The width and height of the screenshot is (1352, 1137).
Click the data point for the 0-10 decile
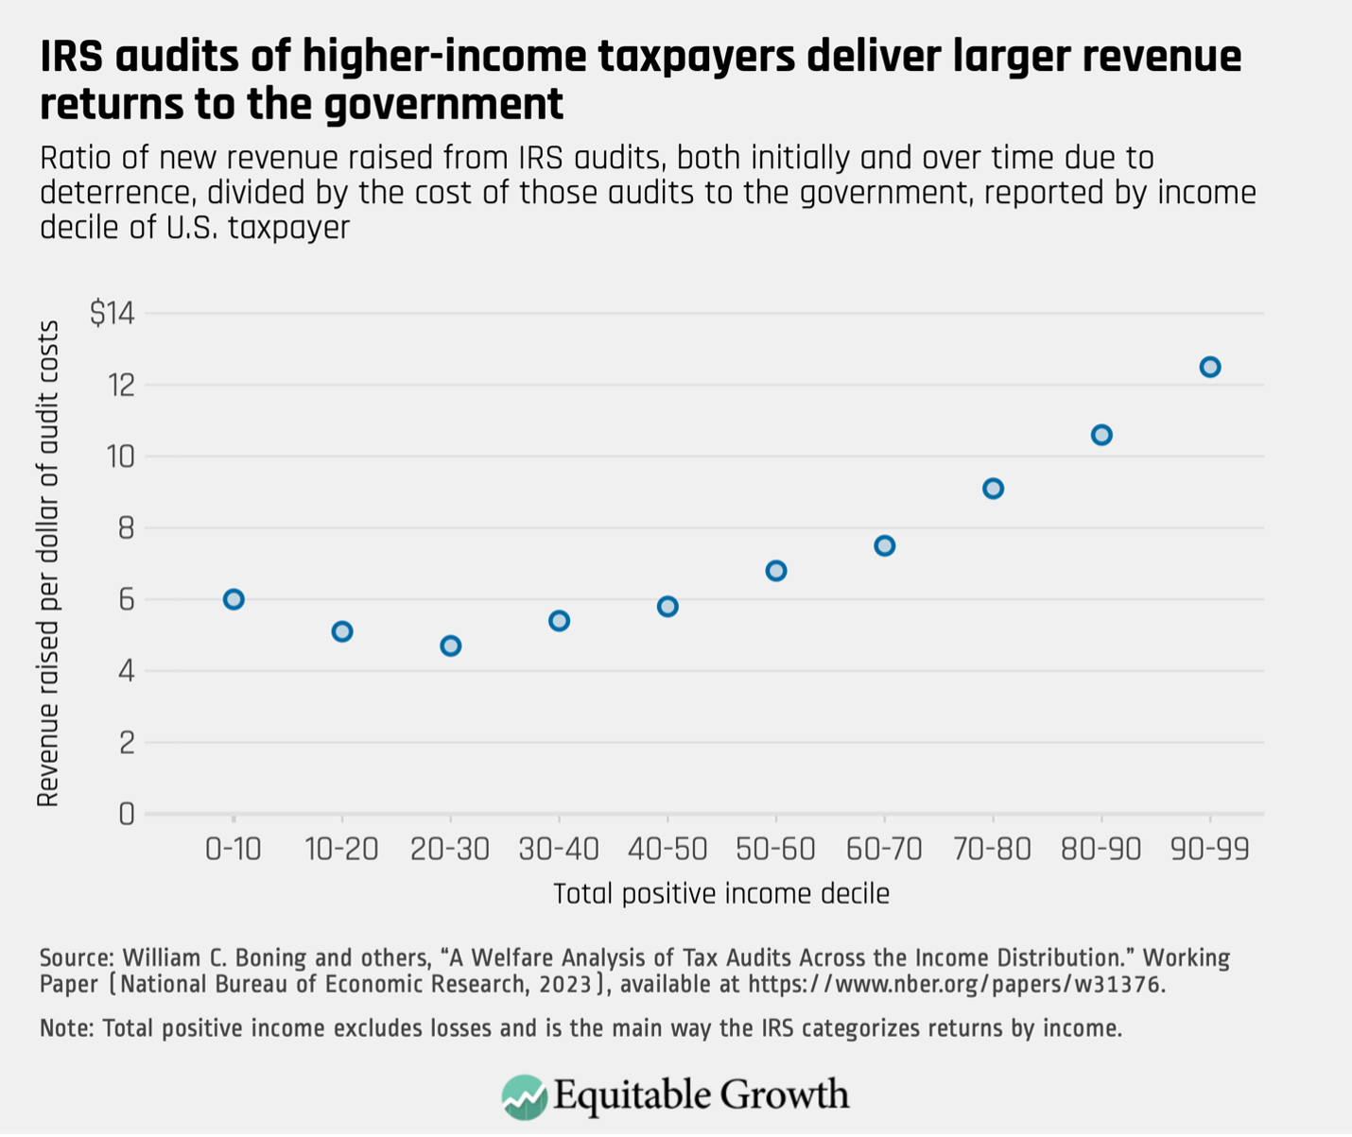pos(234,599)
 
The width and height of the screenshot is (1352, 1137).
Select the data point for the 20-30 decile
pos(451,646)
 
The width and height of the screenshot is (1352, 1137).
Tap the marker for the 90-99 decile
pos(1210,367)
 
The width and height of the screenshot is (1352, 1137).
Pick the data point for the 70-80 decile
pos(993,489)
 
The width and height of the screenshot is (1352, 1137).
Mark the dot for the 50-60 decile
pos(776,571)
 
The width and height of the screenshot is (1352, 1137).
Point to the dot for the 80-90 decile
pos(1101,435)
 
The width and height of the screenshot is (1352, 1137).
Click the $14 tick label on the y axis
pos(113,313)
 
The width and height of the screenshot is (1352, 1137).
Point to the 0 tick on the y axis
pos(126,814)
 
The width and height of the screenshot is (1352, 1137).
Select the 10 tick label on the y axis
pos(120,457)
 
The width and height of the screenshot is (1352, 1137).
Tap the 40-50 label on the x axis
pos(667,849)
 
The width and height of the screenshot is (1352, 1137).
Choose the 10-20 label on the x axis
pos(342,849)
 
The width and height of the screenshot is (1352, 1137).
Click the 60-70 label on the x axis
pos(884,849)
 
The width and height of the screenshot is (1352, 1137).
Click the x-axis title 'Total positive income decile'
pos(720,894)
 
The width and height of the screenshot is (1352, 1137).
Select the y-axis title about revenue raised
pos(48,563)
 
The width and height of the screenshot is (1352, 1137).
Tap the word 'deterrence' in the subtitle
pos(114,193)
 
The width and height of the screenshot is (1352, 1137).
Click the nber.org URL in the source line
pos(955,984)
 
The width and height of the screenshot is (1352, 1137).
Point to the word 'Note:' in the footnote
pos(66,1028)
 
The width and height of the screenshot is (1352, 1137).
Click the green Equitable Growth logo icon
pos(524,1096)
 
